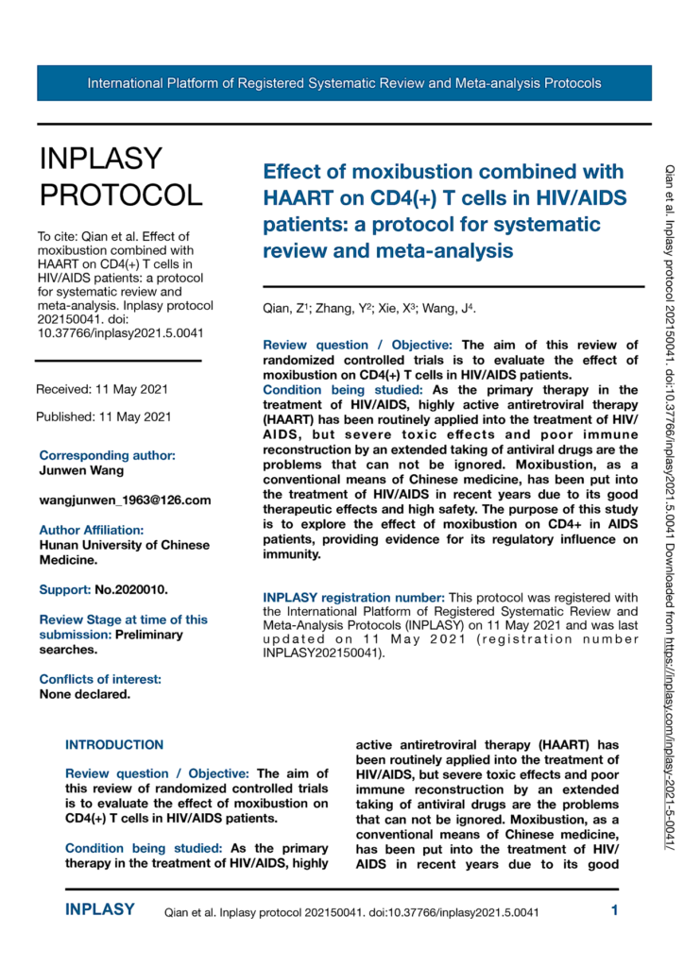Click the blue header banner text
click(344, 83)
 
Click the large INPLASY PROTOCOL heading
click(120, 177)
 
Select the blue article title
click(443, 212)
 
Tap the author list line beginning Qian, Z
click(369, 310)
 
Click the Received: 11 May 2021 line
click(103, 389)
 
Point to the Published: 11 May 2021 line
click(103, 416)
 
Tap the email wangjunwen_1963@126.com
click(125, 500)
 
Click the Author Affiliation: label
click(91, 531)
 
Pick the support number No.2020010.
click(131, 589)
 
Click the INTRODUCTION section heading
click(114, 745)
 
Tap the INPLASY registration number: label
click(353, 597)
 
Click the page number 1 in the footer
click(614, 910)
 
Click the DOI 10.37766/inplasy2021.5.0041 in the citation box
click(123, 332)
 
